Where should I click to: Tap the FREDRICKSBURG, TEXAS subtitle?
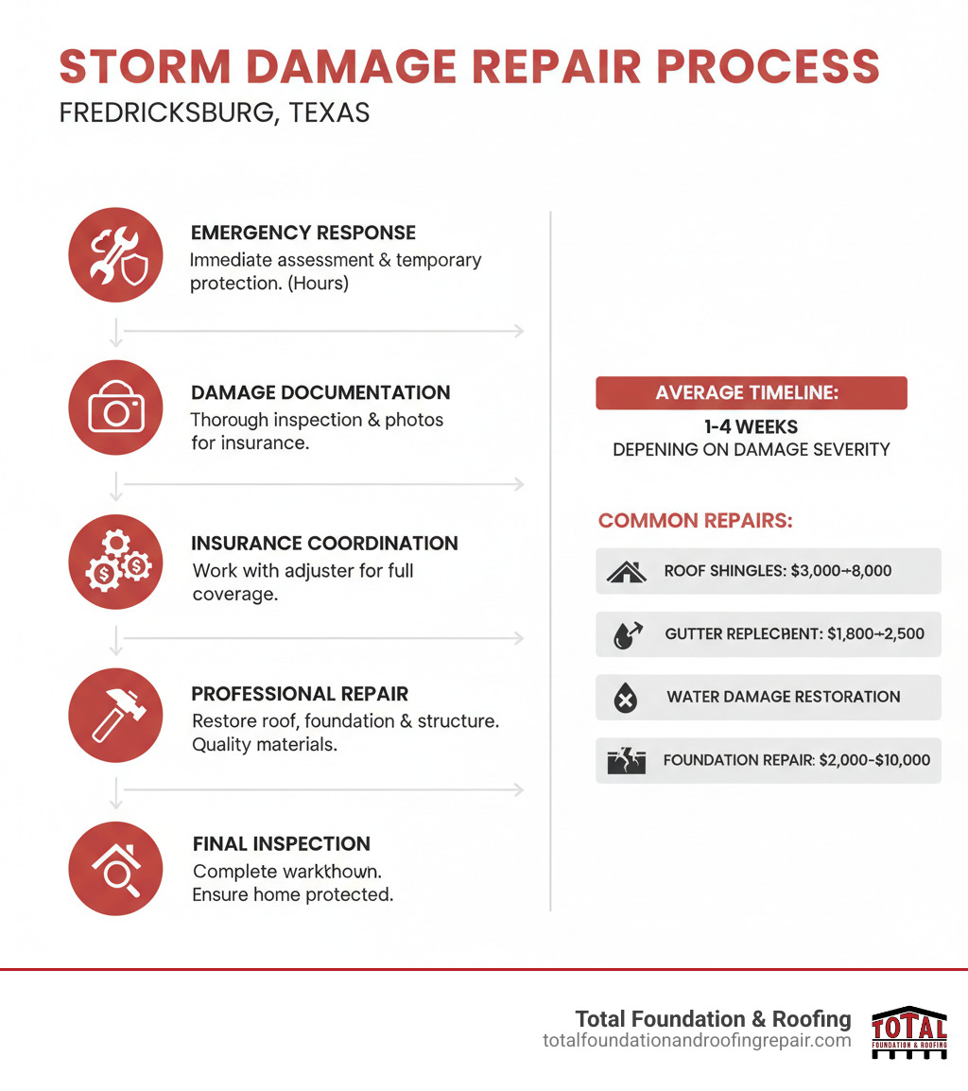(x=214, y=113)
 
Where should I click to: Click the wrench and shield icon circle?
(x=116, y=256)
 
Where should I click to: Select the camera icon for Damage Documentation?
(x=116, y=407)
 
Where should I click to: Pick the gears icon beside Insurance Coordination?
(x=116, y=562)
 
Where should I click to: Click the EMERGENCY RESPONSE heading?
(x=302, y=233)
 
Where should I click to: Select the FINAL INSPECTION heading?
(x=281, y=843)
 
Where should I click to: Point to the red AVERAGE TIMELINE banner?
(x=751, y=393)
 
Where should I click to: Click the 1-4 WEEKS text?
(x=752, y=427)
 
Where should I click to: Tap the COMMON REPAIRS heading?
(x=695, y=521)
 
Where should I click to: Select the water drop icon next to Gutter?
(x=627, y=634)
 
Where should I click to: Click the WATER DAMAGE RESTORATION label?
(x=783, y=697)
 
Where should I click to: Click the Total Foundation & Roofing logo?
(x=908, y=1031)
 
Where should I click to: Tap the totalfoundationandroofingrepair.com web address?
(x=697, y=1041)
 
